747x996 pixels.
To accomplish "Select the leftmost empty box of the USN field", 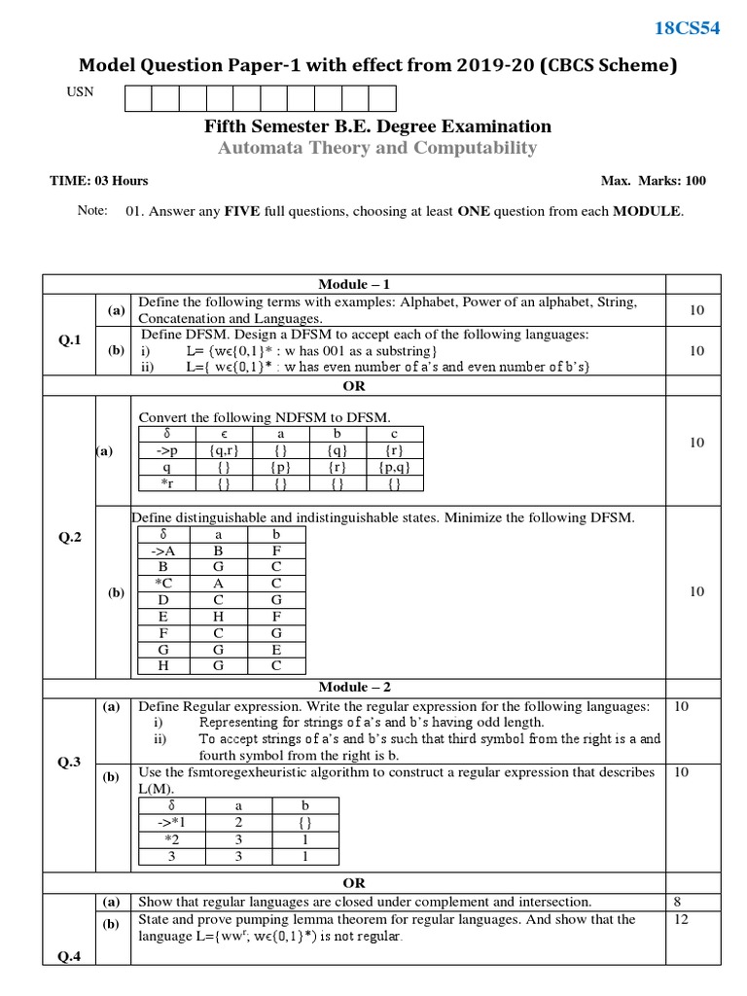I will tap(138, 98).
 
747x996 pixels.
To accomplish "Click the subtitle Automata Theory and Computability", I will tap(376, 148).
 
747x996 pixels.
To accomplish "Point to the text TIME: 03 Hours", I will tap(99, 181).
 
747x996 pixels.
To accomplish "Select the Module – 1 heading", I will tap(354, 284).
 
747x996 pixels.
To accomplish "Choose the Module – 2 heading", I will tap(354, 686).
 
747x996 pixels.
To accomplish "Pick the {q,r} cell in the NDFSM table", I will tap(223, 450).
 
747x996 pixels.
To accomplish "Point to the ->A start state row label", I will tap(164, 551).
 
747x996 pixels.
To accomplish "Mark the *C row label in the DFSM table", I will tap(164, 584).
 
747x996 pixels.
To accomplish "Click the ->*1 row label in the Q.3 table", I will tap(171, 823).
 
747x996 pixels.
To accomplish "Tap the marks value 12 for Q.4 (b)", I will tap(681, 919).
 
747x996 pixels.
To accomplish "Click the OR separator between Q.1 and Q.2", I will tap(354, 386).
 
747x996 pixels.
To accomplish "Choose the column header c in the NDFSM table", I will tap(393, 434).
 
